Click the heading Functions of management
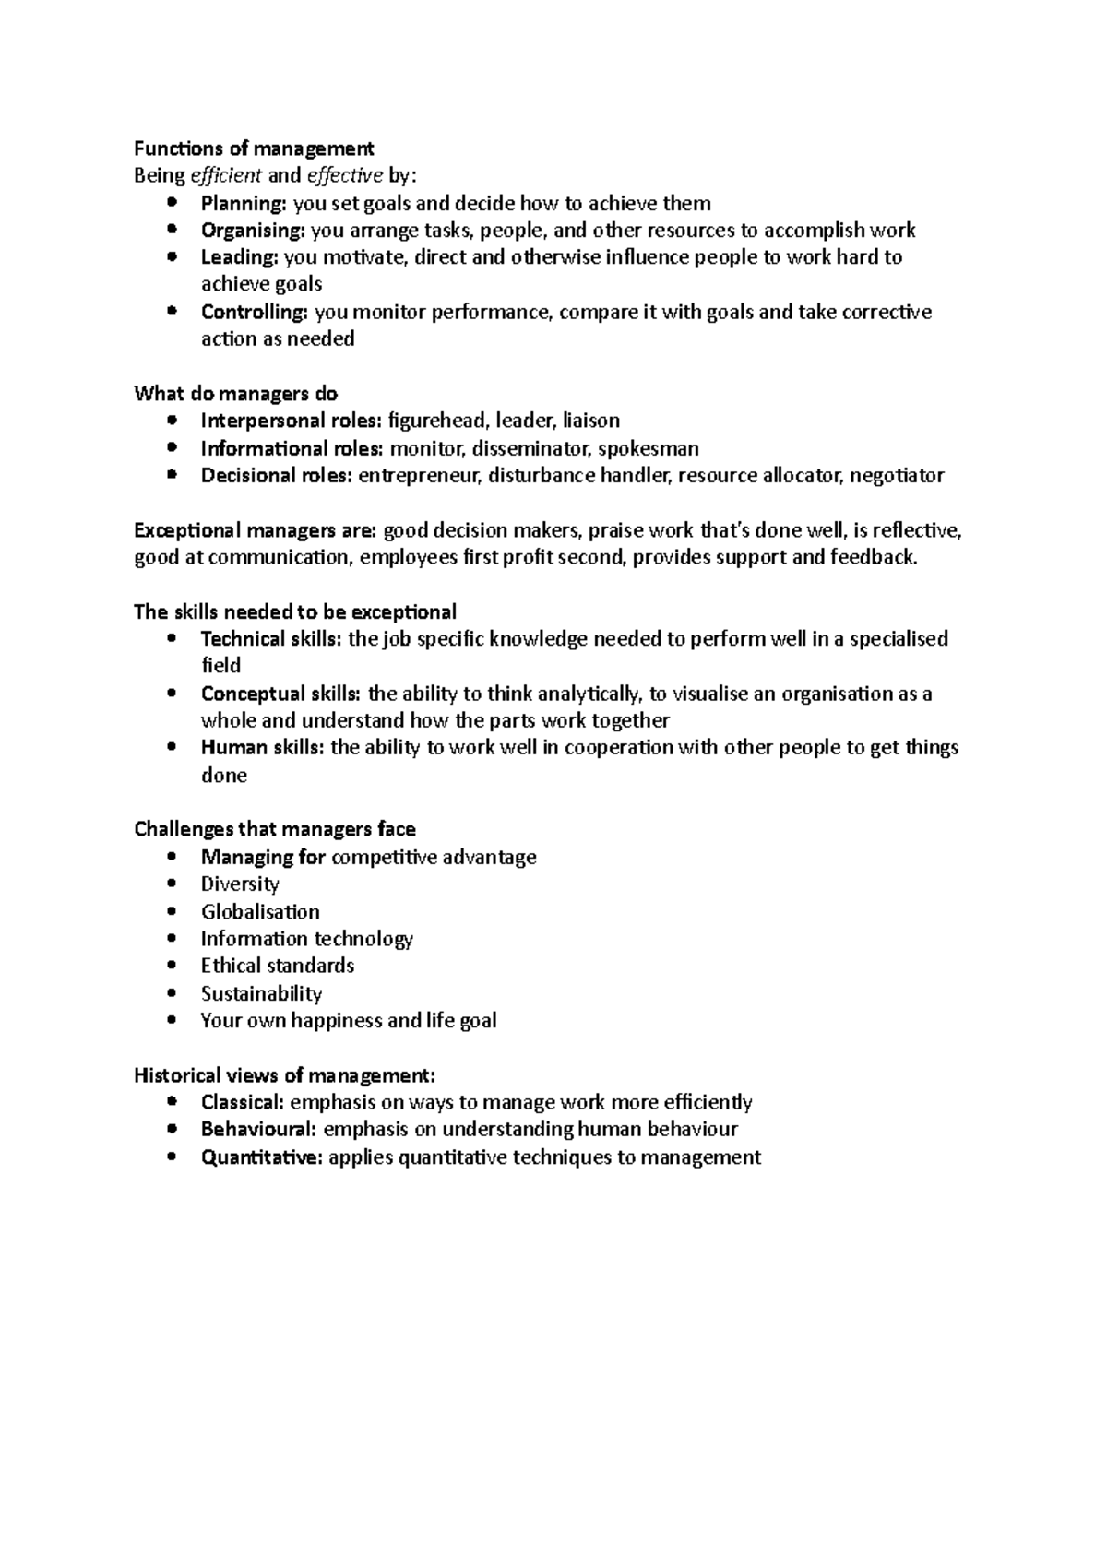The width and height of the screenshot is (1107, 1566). [254, 148]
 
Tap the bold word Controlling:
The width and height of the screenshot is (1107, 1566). [255, 312]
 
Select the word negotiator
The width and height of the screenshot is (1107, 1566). [896, 476]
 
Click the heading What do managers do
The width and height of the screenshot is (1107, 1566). [236, 394]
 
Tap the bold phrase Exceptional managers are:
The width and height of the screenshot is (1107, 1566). [255, 530]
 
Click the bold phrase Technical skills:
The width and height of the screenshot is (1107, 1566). [271, 638]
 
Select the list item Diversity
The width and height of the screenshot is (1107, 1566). [240, 884]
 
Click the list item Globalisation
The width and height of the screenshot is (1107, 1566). [260, 911]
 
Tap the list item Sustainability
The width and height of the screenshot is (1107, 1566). [261, 993]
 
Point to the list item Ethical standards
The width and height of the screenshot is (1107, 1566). [277, 966]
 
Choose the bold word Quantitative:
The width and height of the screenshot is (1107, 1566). [262, 1157]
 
